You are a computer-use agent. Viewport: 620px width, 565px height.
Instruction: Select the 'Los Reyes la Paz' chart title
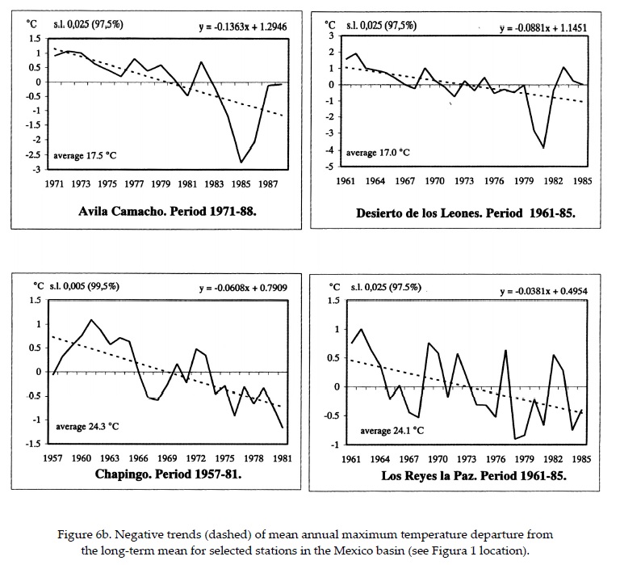click(474, 475)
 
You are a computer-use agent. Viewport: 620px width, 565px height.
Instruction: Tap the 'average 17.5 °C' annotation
click(86, 154)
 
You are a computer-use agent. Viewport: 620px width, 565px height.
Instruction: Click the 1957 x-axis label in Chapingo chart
click(53, 457)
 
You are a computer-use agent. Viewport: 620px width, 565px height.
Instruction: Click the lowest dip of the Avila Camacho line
click(241, 162)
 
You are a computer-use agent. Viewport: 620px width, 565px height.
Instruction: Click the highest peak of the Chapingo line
click(91, 320)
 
